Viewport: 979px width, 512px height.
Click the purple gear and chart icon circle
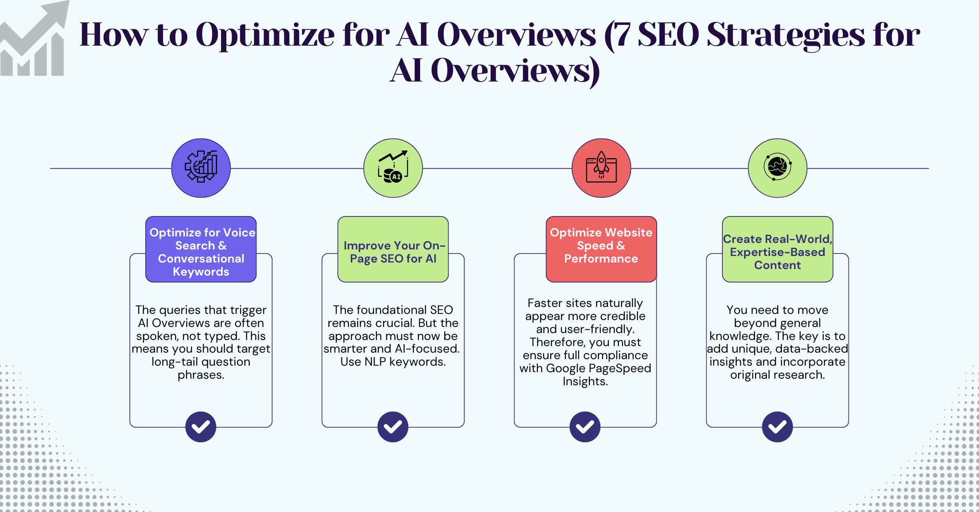click(201, 168)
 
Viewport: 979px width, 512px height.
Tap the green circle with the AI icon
click(393, 168)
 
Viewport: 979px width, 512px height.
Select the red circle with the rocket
click(601, 168)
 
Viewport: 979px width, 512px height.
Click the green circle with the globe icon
click(777, 168)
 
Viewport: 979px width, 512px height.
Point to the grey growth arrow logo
click(35, 41)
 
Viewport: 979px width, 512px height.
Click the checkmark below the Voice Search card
click(201, 427)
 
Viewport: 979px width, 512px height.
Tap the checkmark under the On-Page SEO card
click(393, 427)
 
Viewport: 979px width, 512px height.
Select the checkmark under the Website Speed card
click(585, 427)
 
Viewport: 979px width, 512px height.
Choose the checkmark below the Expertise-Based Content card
click(777, 427)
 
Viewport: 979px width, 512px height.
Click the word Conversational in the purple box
click(201, 258)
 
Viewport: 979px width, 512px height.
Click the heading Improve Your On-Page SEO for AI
click(393, 252)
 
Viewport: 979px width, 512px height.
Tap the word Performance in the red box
click(601, 258)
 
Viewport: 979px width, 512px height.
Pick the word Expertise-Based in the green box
click(777, 252)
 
